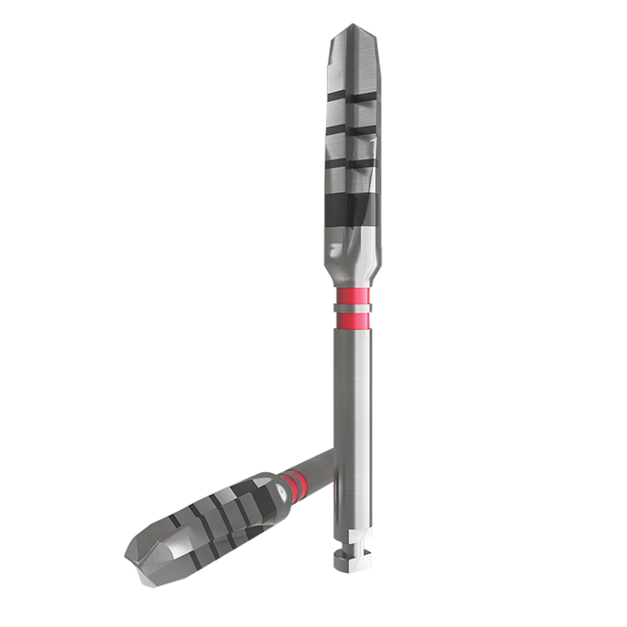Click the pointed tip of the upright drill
[x=352, y=28]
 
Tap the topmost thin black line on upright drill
[x=352, y=94]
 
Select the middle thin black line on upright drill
[x=352, y=129]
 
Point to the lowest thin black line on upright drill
[x=352, y=164]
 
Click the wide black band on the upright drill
[x=352, y=212]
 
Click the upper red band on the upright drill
[x=352, y=296]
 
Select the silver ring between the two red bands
[x=352, y=308]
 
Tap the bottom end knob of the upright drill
[x=352, y=564]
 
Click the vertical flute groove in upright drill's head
[x=352, y=64]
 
